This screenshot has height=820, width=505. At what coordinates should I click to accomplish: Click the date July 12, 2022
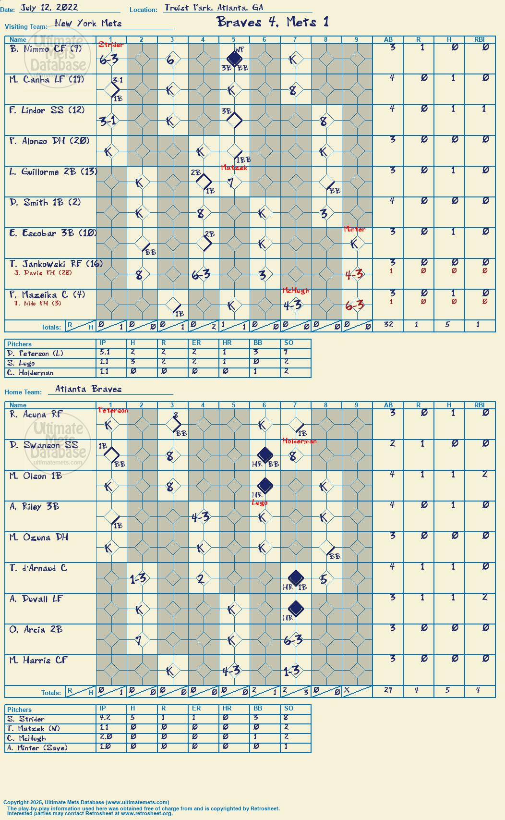tap(48, 8)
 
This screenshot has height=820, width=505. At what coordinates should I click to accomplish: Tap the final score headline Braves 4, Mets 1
tap(273, 22)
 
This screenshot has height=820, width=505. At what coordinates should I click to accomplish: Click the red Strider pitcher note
tap(111, 45)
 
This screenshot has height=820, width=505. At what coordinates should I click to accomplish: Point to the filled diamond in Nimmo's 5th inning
tap(234, 58)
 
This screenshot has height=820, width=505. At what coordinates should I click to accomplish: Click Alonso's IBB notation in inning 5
tap(244, 159)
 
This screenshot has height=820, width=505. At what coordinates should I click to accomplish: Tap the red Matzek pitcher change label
tap(234, 168)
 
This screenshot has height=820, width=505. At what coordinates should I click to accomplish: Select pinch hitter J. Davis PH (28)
tap(43, 272)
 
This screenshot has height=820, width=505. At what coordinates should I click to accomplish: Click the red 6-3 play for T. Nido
tap(355, 305)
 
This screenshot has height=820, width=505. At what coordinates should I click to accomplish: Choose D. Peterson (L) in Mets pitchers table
tap(35, 353)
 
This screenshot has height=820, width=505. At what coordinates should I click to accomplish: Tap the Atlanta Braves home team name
tap(88, 389)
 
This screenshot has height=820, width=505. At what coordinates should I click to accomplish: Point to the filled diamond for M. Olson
tap(265, 485)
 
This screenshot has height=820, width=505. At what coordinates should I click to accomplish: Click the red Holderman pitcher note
tap(300, 441)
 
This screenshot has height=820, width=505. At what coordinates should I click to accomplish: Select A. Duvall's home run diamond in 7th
tap(296, 609)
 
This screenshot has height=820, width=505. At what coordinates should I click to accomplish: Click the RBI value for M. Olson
tap(484, 474)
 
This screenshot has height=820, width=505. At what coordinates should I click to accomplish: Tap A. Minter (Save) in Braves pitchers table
tap(37, 747)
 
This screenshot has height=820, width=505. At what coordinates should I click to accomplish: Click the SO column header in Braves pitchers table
tap(289, 709)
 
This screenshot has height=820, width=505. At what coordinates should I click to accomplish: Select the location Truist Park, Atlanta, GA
tap(214, 8)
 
